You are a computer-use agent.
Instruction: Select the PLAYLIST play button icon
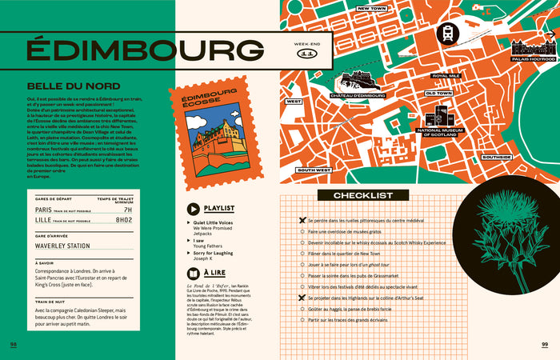pos(192,207)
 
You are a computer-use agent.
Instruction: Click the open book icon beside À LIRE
pos(192,273)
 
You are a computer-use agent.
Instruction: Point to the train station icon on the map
pos(446,34)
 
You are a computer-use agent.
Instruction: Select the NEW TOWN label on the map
pos(372,9)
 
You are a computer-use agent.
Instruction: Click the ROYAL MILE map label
pos(445,76)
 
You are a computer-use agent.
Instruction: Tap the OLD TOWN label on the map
pos(439,93)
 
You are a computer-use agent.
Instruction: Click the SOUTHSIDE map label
pos(497,157)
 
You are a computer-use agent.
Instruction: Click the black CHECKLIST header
pos(363,195)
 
